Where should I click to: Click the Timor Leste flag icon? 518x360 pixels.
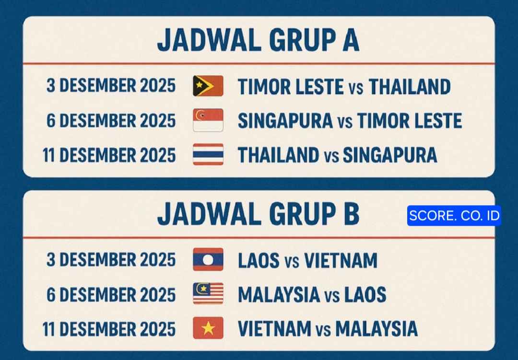208,86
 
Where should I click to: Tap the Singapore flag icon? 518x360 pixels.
208,120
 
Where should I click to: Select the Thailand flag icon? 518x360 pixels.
208,155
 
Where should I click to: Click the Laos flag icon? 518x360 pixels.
208,260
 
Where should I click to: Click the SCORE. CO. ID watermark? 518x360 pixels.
454,216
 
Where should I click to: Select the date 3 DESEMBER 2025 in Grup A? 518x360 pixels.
111,86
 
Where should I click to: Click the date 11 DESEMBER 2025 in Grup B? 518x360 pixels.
109,329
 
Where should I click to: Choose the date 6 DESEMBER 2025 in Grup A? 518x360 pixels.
111,120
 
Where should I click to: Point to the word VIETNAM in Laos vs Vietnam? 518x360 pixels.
341,260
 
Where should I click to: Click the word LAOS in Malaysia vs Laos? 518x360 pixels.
365,295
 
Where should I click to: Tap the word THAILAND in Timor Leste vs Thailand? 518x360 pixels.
410,87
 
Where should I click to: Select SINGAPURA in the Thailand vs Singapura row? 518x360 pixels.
390,155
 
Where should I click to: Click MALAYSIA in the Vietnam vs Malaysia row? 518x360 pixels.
376,329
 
